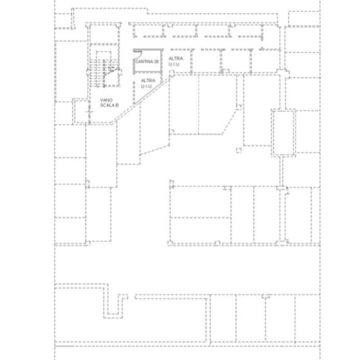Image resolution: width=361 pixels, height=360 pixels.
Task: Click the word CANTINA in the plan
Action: click(144, 62)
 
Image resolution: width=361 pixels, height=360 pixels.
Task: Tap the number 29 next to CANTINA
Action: click(156, 62)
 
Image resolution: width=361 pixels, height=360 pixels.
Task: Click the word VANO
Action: click(106, 100)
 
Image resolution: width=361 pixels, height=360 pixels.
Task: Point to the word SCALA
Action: click(107, 105)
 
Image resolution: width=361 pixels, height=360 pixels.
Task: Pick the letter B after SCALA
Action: click(116, 105)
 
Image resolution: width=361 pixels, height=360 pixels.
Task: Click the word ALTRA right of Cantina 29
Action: click(176, 59)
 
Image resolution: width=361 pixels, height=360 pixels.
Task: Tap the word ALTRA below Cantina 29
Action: click(148, 81)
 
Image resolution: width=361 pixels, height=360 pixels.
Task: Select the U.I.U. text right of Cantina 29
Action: click(174, 64)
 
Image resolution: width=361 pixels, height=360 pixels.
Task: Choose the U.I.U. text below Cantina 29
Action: click(146, 87)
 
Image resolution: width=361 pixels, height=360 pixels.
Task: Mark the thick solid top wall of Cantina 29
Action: click(148, 50)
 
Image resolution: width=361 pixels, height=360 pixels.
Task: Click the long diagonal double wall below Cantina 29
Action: click(142, 99)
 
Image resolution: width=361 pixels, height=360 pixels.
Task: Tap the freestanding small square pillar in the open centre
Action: click(239, 150)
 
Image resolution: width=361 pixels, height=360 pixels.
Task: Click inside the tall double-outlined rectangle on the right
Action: click(283, 132)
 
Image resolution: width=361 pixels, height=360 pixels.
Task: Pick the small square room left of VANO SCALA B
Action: click(81, 112)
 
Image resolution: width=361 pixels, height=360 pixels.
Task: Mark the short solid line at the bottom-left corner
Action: click(64, 346)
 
